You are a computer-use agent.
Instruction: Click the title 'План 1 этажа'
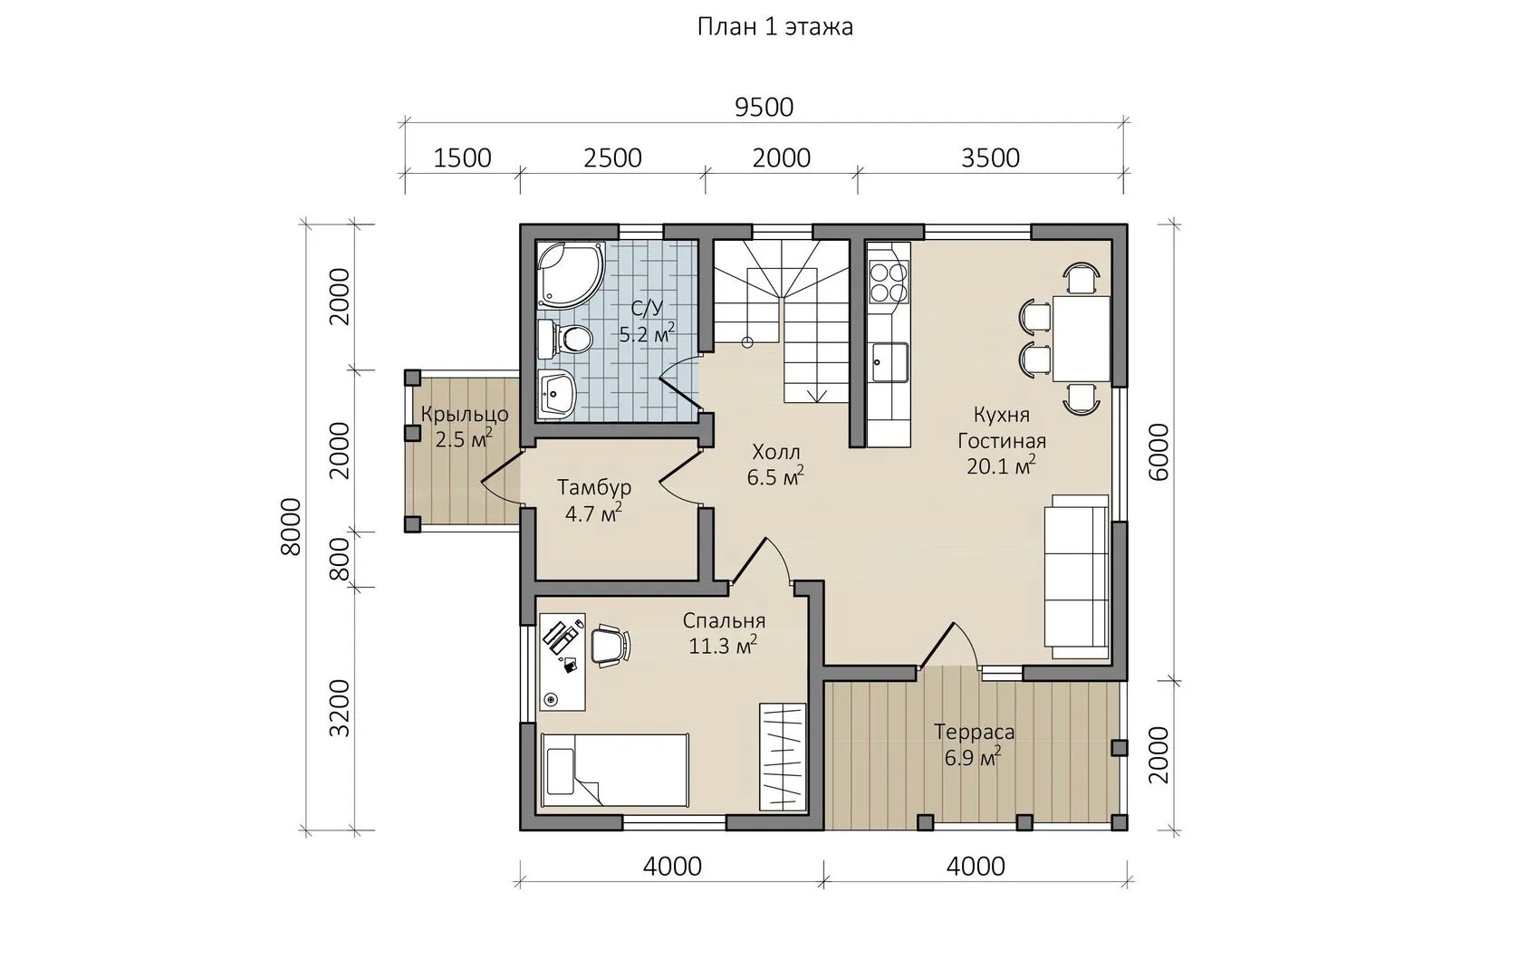point(774,27)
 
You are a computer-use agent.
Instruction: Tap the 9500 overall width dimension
point(764,108)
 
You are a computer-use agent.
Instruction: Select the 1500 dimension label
point(462,158)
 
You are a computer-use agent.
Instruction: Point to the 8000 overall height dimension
point(291,526)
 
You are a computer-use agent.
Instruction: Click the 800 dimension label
point(340,559)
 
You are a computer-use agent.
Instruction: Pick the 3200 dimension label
point(340,708)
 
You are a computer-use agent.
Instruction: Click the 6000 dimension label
point(1159,453)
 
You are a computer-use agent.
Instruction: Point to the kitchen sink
point(890,361)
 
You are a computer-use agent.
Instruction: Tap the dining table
point(1082,339)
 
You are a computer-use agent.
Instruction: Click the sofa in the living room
point(1076,577)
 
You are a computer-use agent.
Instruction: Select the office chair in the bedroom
point(610,646)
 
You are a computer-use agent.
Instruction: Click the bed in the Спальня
point(615,771)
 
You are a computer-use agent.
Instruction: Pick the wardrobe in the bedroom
point(783,757)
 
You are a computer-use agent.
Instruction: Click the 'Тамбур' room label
point(594,487)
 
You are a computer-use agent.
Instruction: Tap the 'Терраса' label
point(974,733)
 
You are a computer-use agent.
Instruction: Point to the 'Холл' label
point(776,452)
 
